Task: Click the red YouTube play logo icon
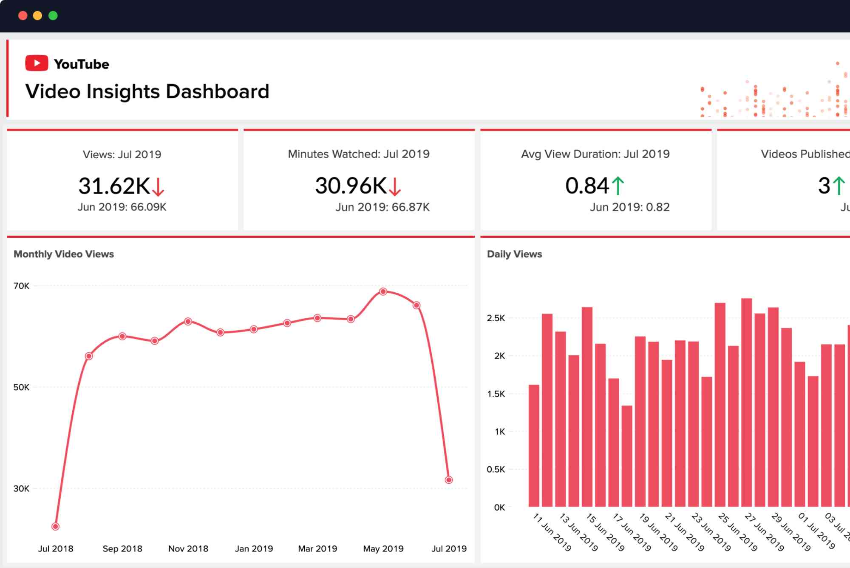click(37, 63)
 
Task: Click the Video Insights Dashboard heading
click(147, 91)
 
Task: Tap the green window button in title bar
click(53, 16)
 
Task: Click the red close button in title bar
click(23, 16)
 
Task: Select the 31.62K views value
click(114, 186)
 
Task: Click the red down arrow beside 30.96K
click(395, 186)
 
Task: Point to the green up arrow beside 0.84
click(618, 186)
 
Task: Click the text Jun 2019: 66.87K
click(382, 207)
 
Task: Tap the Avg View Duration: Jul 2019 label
click(595, 154)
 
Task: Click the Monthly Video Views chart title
click(64, 254)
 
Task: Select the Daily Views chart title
click(514, 254)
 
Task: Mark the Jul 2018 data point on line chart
click(55, 527)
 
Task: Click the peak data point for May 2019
click(383, 292)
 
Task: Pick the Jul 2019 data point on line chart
click(449, 480)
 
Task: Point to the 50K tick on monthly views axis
click(21, 387)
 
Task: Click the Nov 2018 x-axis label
click(188, 549)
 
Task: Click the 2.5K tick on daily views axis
click(496, 318)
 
